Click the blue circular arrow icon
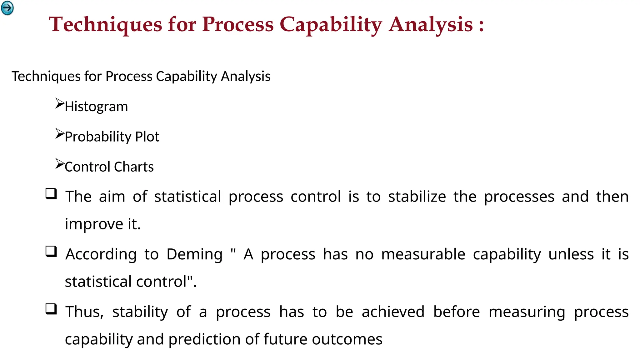[7, 8]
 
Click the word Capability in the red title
[331, 25]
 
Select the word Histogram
[96, 107]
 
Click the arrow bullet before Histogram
[59, 103]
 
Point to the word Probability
[98, 137]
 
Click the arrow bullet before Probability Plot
[59, 134]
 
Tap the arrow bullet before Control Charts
[59, 164]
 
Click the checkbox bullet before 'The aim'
[51, 194]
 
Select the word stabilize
[417, 197]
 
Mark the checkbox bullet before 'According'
[51, 252]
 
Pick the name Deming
[194, 254]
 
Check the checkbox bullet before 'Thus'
[51, 309]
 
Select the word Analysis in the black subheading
[245, 77]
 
